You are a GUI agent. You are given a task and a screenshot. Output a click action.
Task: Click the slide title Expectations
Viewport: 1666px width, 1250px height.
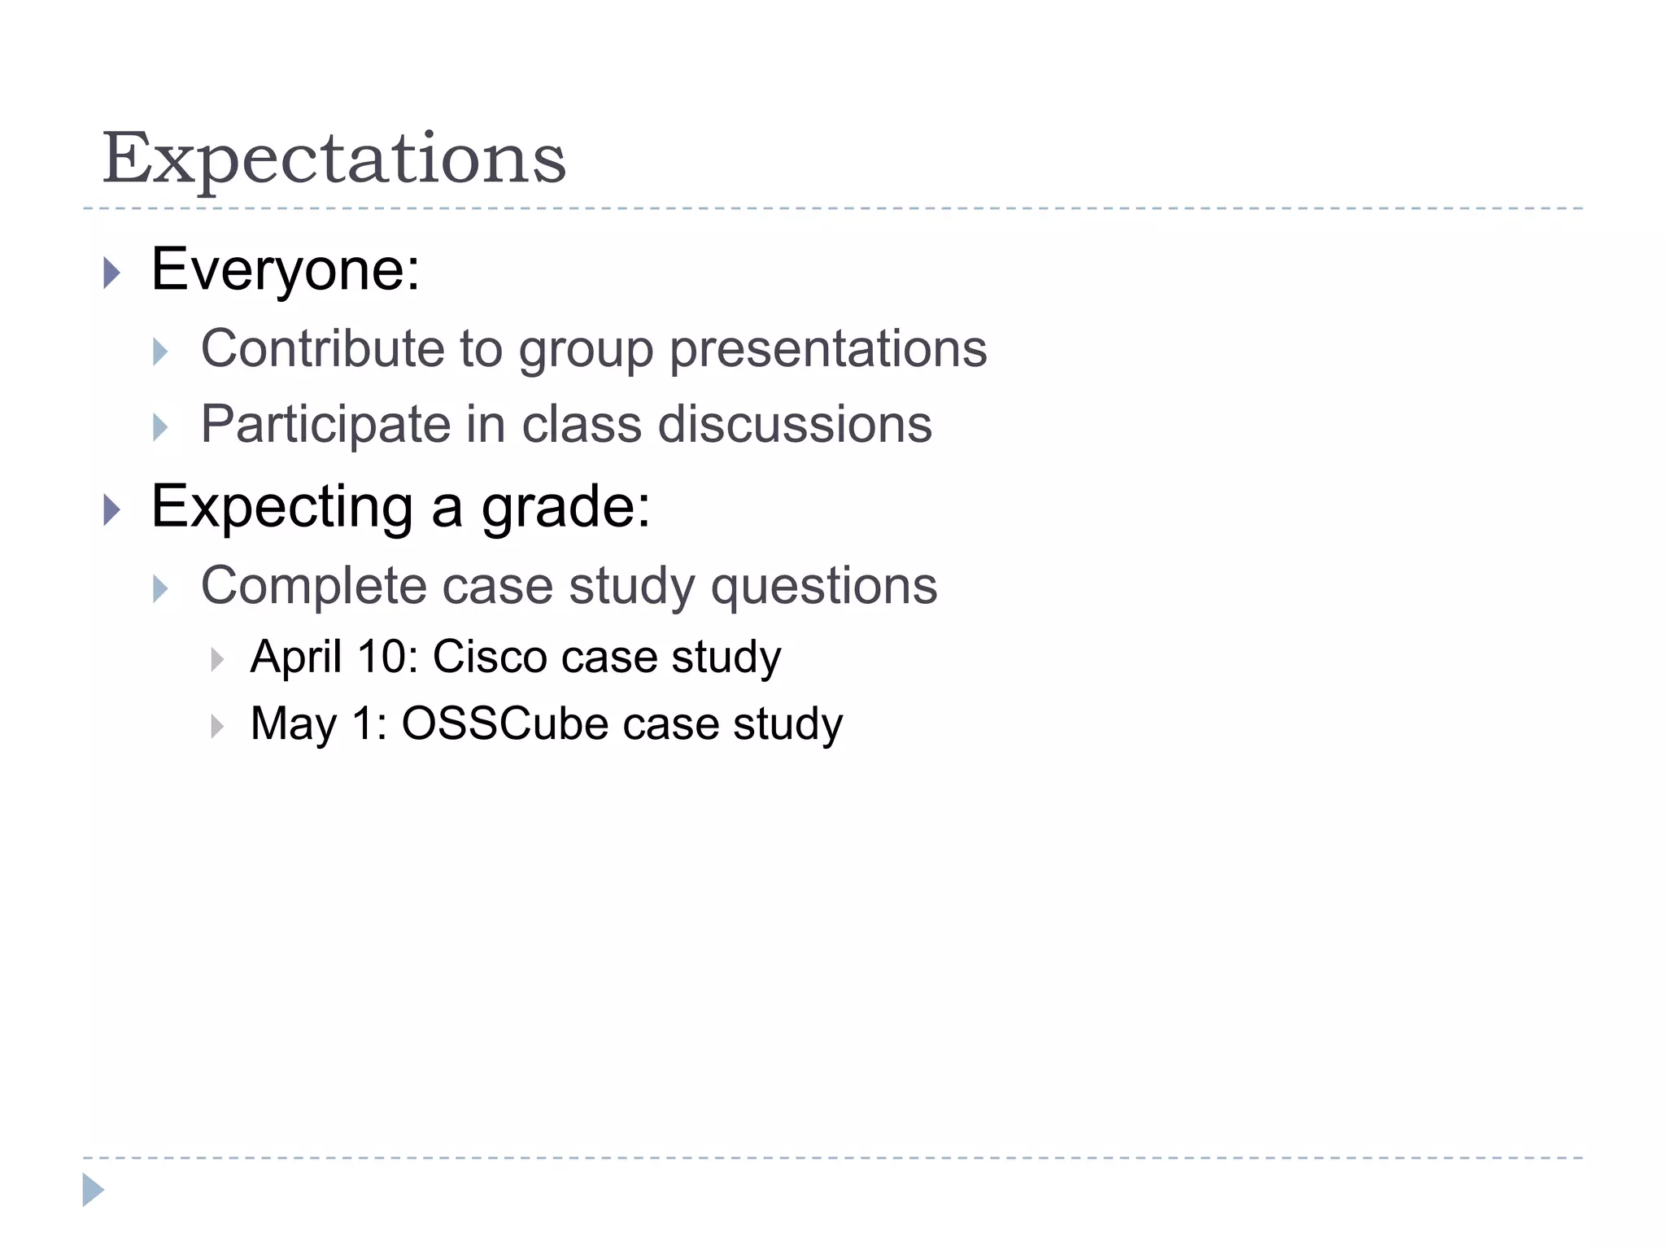click(334, 159)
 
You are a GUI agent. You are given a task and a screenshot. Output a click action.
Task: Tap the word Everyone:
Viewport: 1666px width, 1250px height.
click(286, 269)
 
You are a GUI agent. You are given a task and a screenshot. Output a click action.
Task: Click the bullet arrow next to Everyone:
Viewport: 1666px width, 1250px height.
click(112, 273)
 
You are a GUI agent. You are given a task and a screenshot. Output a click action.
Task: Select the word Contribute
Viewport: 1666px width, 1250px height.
click(322, 348)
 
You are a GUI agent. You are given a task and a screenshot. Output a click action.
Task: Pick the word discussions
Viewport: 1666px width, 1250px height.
click(794, 425)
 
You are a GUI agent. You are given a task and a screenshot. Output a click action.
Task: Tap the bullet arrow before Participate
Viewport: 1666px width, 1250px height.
click(160, 427)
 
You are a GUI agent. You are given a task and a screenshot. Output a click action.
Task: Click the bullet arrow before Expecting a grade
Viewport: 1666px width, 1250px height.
click(112, 511)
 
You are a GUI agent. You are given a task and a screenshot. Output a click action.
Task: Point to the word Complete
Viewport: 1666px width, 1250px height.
click(313, 586)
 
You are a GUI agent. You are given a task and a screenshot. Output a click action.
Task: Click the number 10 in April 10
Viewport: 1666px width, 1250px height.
click(382, 656)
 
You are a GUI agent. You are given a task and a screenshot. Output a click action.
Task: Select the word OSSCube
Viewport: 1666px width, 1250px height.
click(504, 723)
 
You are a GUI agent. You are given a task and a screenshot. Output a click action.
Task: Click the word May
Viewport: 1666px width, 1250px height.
click(294, 724)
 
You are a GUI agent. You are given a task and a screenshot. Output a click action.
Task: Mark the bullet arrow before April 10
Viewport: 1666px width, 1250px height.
click(216, 659)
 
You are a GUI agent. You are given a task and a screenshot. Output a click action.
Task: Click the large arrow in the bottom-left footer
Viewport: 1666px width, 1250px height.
click(93, 1190)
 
